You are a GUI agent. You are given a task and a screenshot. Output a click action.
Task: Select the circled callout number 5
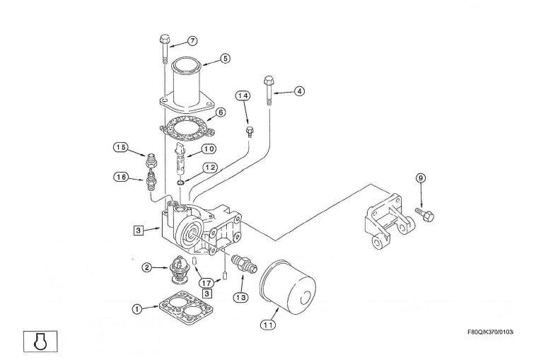pos(225,59)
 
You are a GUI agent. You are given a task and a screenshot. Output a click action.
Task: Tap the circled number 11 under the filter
pos(267,325)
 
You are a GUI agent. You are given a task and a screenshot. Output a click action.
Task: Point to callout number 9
pos(421,178)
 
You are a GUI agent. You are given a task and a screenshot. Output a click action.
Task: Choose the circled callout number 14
pos(243,95)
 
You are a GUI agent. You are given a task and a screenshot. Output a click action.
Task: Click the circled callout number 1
pos(136,308)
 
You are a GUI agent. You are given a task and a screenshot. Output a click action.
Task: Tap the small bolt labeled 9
pos(425,211)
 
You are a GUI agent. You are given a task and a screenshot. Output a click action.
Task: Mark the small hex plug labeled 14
pos(249,132)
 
